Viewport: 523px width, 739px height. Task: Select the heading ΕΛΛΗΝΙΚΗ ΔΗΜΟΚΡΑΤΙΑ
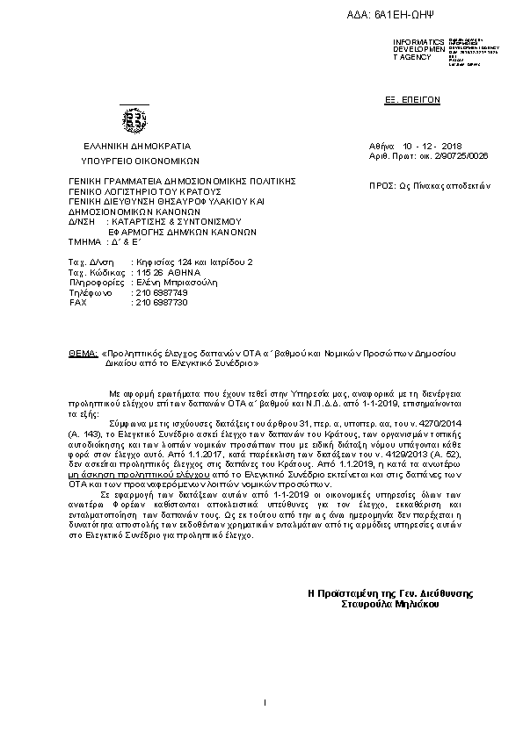coord(137,146)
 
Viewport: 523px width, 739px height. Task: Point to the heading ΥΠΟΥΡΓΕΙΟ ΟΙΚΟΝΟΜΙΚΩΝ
coord(141,161)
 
